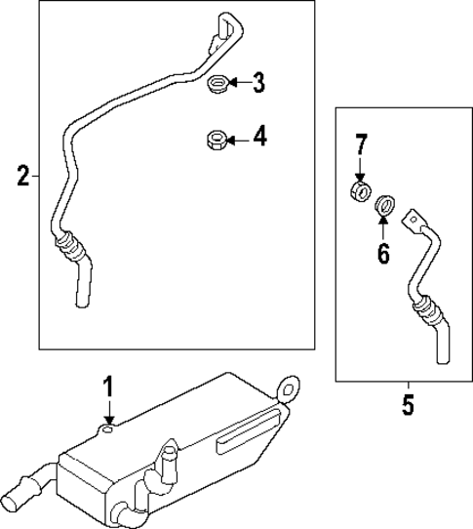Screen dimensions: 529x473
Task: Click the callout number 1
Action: coord(109,387)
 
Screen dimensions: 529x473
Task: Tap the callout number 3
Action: coord(257,84)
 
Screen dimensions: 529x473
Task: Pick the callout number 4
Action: coord(258,138)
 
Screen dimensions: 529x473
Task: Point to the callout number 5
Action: coord(408,403)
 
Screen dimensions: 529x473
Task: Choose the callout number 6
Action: coord(383,255)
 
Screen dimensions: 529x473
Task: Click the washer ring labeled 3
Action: coord(218,85)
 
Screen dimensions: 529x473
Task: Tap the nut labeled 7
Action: coord(360,189)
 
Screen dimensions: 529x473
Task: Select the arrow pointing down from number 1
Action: coord(109,413)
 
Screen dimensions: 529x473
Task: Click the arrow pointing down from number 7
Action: coord(360,169)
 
